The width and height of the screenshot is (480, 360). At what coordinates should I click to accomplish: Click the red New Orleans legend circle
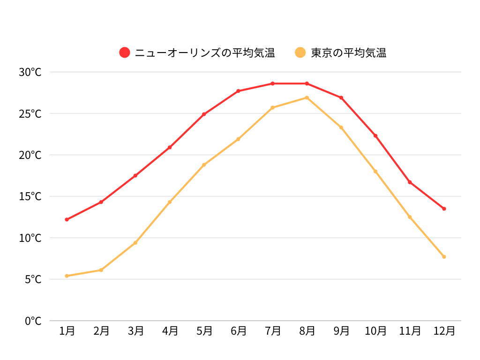click(125, 52)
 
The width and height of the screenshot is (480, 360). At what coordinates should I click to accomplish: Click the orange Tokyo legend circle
click(300, 52)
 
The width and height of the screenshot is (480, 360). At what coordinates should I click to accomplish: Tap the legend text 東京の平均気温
click(348, 52)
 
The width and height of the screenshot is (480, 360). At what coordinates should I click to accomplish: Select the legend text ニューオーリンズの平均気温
click(205, 52)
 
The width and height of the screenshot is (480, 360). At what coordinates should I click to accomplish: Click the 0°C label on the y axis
click(33, 321)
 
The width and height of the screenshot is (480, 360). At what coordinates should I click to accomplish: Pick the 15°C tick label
click(30, 196)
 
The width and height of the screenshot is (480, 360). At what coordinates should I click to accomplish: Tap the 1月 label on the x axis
click(67, 331)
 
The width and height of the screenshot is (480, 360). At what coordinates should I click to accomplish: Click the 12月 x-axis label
click(444, 331)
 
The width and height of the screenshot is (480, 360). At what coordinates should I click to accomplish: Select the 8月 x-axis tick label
click(307, 331)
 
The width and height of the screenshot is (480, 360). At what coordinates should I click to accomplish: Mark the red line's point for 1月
click(67, 219)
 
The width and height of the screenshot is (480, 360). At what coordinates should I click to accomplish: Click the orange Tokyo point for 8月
click(307, 97)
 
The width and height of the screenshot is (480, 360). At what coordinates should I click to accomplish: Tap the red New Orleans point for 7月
click(272, 83)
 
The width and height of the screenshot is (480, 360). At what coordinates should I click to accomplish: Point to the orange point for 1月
click(67, 276)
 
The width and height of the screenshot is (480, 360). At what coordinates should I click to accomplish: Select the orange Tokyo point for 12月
click(444, 256)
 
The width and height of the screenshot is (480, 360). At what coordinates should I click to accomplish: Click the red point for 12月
click(444, 209)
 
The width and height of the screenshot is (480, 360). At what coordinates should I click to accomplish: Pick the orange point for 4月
click(170, 202)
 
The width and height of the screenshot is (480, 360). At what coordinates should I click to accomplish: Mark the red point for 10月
click(375, 135)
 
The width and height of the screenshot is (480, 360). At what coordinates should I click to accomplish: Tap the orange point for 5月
click(204, 165)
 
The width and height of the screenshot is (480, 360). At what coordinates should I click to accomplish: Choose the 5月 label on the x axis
click(204, 331)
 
